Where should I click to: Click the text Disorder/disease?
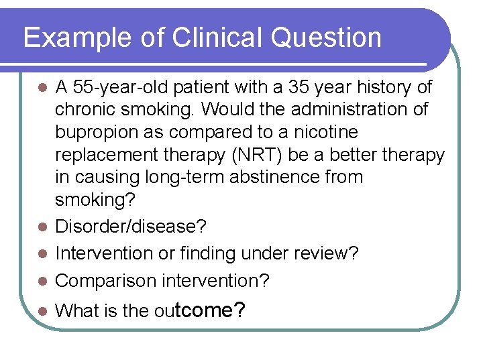131,227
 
